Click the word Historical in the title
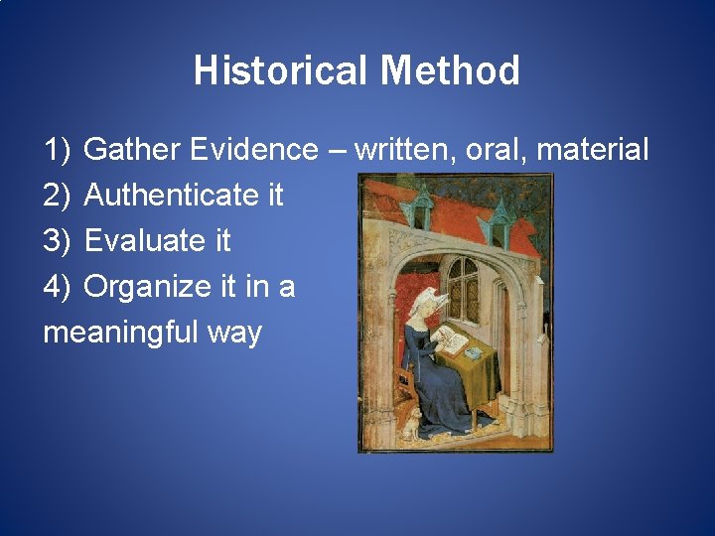click(281, 71)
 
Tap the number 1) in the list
click(57, 151)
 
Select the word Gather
click(132, 151)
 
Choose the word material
click(593, 151)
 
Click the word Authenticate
click(170, 196)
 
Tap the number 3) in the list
click(57, 241)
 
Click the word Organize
click(148, 287)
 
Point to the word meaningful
click(120, 332)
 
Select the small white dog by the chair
click(408, 426)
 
